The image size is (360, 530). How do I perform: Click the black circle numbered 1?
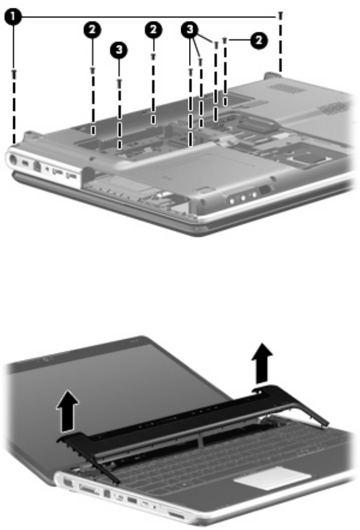click(x=13, y=17)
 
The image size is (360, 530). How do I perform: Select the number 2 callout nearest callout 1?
click(x=92, y=30)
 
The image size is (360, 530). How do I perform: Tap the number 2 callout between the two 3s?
click(x=154, y=30)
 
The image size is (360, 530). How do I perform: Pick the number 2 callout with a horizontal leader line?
click(x=259, y=41)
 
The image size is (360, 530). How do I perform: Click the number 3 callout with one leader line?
click(x=118, y=50)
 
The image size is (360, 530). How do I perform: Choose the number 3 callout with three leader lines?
click(x=190, y=29)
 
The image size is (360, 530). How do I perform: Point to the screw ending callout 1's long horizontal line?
click(x=280, y=15)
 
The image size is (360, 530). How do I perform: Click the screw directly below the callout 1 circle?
click(x=14, y=73)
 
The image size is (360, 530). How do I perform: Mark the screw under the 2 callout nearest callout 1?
click(x=93, y=70)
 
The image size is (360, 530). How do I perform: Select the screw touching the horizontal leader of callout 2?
click(x=225, y=41)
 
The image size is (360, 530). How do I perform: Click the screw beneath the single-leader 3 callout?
click(x=119, y=82)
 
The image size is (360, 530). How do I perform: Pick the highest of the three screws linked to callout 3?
click(x=216, y=44)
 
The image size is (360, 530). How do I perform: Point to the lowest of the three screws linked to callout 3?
click(x=191, y=71)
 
